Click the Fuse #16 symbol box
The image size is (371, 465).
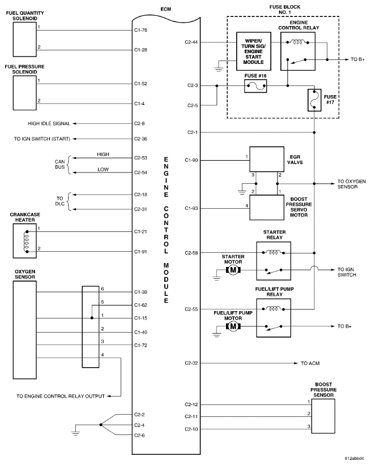tap(255, 87)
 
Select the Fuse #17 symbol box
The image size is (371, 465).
tap(314, 100)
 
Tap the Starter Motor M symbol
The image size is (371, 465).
tap(233, 270)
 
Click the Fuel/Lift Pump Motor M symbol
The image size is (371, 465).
tap(233, 326)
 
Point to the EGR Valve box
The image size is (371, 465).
tap(267, 160)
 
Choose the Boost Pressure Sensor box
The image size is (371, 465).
tap(323, 416)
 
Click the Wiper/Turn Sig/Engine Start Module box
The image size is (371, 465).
tap(254, 51)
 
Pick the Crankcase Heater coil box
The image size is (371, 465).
tap(25, 241)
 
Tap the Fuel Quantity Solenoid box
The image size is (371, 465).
tap(25, 40)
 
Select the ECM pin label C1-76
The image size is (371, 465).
tap(140, 30)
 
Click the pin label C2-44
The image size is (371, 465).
tap(191, 42)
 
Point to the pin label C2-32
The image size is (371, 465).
tap(191, 363)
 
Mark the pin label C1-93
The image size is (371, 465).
tap(191, 208)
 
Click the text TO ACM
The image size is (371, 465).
tap(310, 363)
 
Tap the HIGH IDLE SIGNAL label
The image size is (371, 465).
tap(49, 123)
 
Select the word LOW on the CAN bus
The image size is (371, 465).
tap(103, 169)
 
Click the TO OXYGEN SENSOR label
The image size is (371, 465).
tap(351, 184)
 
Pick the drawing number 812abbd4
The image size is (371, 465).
tap(354, 458)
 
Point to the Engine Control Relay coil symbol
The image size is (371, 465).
tap(297, 42)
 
